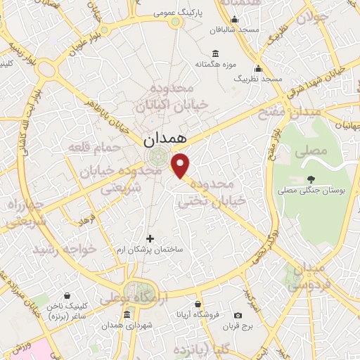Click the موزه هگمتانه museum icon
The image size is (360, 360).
click(215, 53)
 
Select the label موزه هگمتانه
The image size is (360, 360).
click(214, 64)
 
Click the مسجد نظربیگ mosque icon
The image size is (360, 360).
click(258, 68)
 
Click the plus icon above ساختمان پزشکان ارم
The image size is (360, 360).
click(149, 238)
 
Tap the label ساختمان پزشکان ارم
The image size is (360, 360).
click(149, 250)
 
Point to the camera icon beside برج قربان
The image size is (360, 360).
click(238, 315)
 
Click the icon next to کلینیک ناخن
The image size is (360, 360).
click(65, 295)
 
